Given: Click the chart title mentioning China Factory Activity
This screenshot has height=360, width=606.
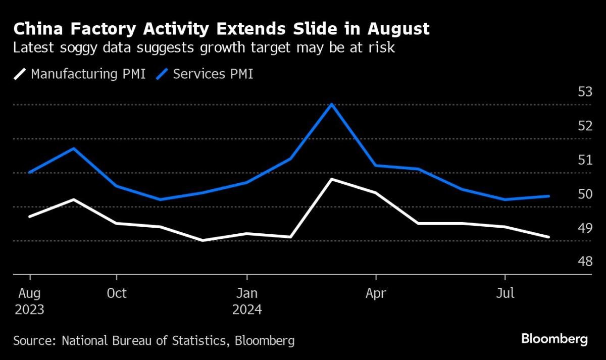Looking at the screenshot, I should click(x=221, y=29).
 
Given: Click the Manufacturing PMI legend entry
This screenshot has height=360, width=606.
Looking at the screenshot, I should click(x=80, y=74).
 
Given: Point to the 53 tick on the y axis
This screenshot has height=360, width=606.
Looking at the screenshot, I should click(x=585, y=92).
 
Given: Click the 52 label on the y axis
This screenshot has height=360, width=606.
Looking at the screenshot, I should click(x=585, y=126).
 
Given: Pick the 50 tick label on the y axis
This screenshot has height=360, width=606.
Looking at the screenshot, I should click(x=585, y=194).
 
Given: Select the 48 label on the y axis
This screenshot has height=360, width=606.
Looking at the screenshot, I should click(x=585, y=262).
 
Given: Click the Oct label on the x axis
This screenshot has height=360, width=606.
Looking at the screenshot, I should click(x=117, y=293).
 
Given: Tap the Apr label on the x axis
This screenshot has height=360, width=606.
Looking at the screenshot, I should click(x=376, y=293).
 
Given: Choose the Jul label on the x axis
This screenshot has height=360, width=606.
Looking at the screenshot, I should click(x=505, y=293).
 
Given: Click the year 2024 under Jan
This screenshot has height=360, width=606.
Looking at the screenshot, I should click(x=247, y=309).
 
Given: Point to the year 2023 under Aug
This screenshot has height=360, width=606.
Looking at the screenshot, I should click(x=29, y=309).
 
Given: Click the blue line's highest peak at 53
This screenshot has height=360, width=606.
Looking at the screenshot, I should click(x=331, y=104).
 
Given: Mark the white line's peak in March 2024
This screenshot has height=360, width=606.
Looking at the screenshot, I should click(x=331, y=179).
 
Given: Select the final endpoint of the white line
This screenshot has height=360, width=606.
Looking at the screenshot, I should click(x=549, y=237).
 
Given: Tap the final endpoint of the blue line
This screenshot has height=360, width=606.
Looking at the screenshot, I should click(x=549, y=196).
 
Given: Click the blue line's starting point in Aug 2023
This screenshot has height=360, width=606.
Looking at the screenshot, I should click(x=30, y=172).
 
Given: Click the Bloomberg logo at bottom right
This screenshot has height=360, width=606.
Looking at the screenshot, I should click(x=554, y=339).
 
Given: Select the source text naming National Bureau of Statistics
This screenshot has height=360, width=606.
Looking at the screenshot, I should click(x=154, y=340).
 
